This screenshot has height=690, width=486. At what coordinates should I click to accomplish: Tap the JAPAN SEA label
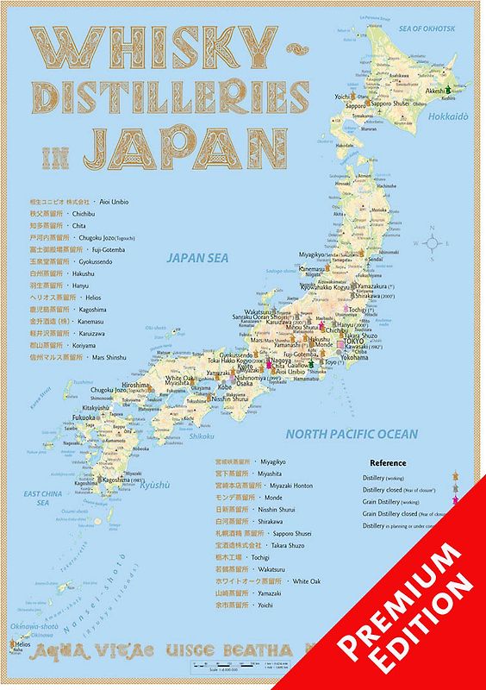click(197, 256)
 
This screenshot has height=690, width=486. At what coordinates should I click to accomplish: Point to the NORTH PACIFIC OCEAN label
click(352, 434)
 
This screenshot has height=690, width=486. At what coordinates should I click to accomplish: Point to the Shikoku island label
click(202, 436)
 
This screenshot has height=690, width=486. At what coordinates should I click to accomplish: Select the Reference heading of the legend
click(388, 463)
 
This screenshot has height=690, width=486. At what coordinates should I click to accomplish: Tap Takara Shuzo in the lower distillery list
click(315, 545)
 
